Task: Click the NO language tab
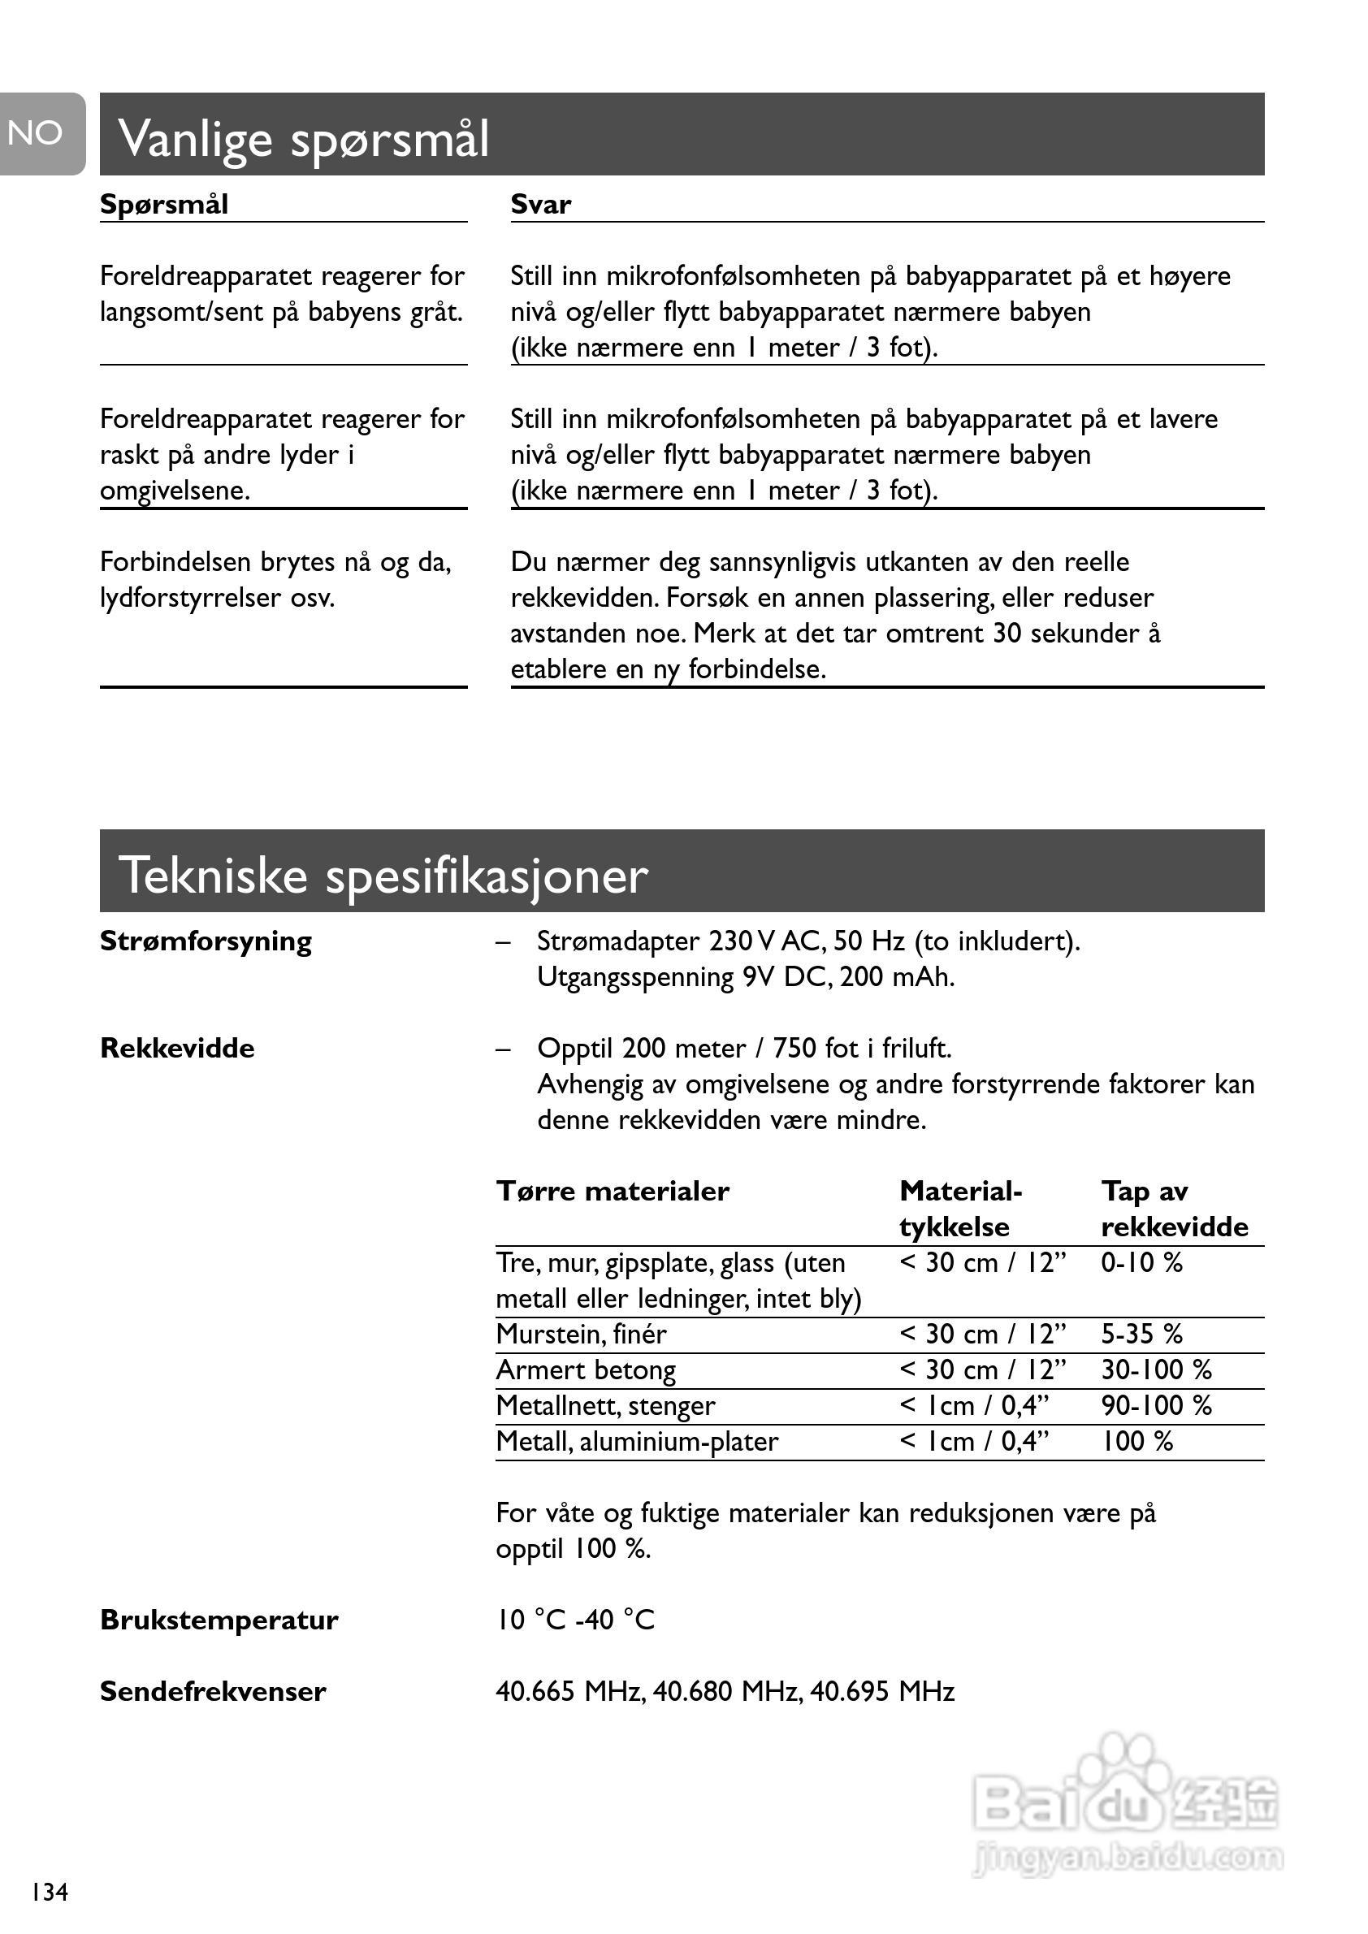point(38,133)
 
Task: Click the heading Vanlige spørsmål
point(303,138)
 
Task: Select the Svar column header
point(541,205)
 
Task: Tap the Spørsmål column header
point(164,205)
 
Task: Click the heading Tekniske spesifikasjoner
point(383,875)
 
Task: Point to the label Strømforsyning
point(206,941)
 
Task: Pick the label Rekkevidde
point(177,1048)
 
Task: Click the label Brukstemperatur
point(219,1620)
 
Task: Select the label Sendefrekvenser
point(213,1691)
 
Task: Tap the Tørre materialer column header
point(613,1191)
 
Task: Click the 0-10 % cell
point(1141,1262)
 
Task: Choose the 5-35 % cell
point(1141,1335)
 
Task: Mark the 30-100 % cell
point(1156,1370)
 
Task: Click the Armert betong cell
point(587,1370)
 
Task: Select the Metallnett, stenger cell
point(606,1406)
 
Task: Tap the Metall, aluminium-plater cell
point(638,1442)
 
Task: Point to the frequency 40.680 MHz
point(728,1691)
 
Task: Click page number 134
point(50,1893)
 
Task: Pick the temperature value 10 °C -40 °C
point(575,1620)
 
